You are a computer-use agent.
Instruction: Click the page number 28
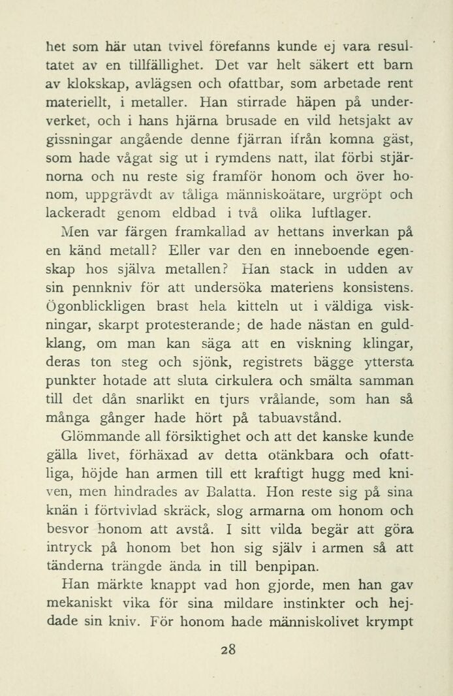pyautogui.click(x=227, y=649)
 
